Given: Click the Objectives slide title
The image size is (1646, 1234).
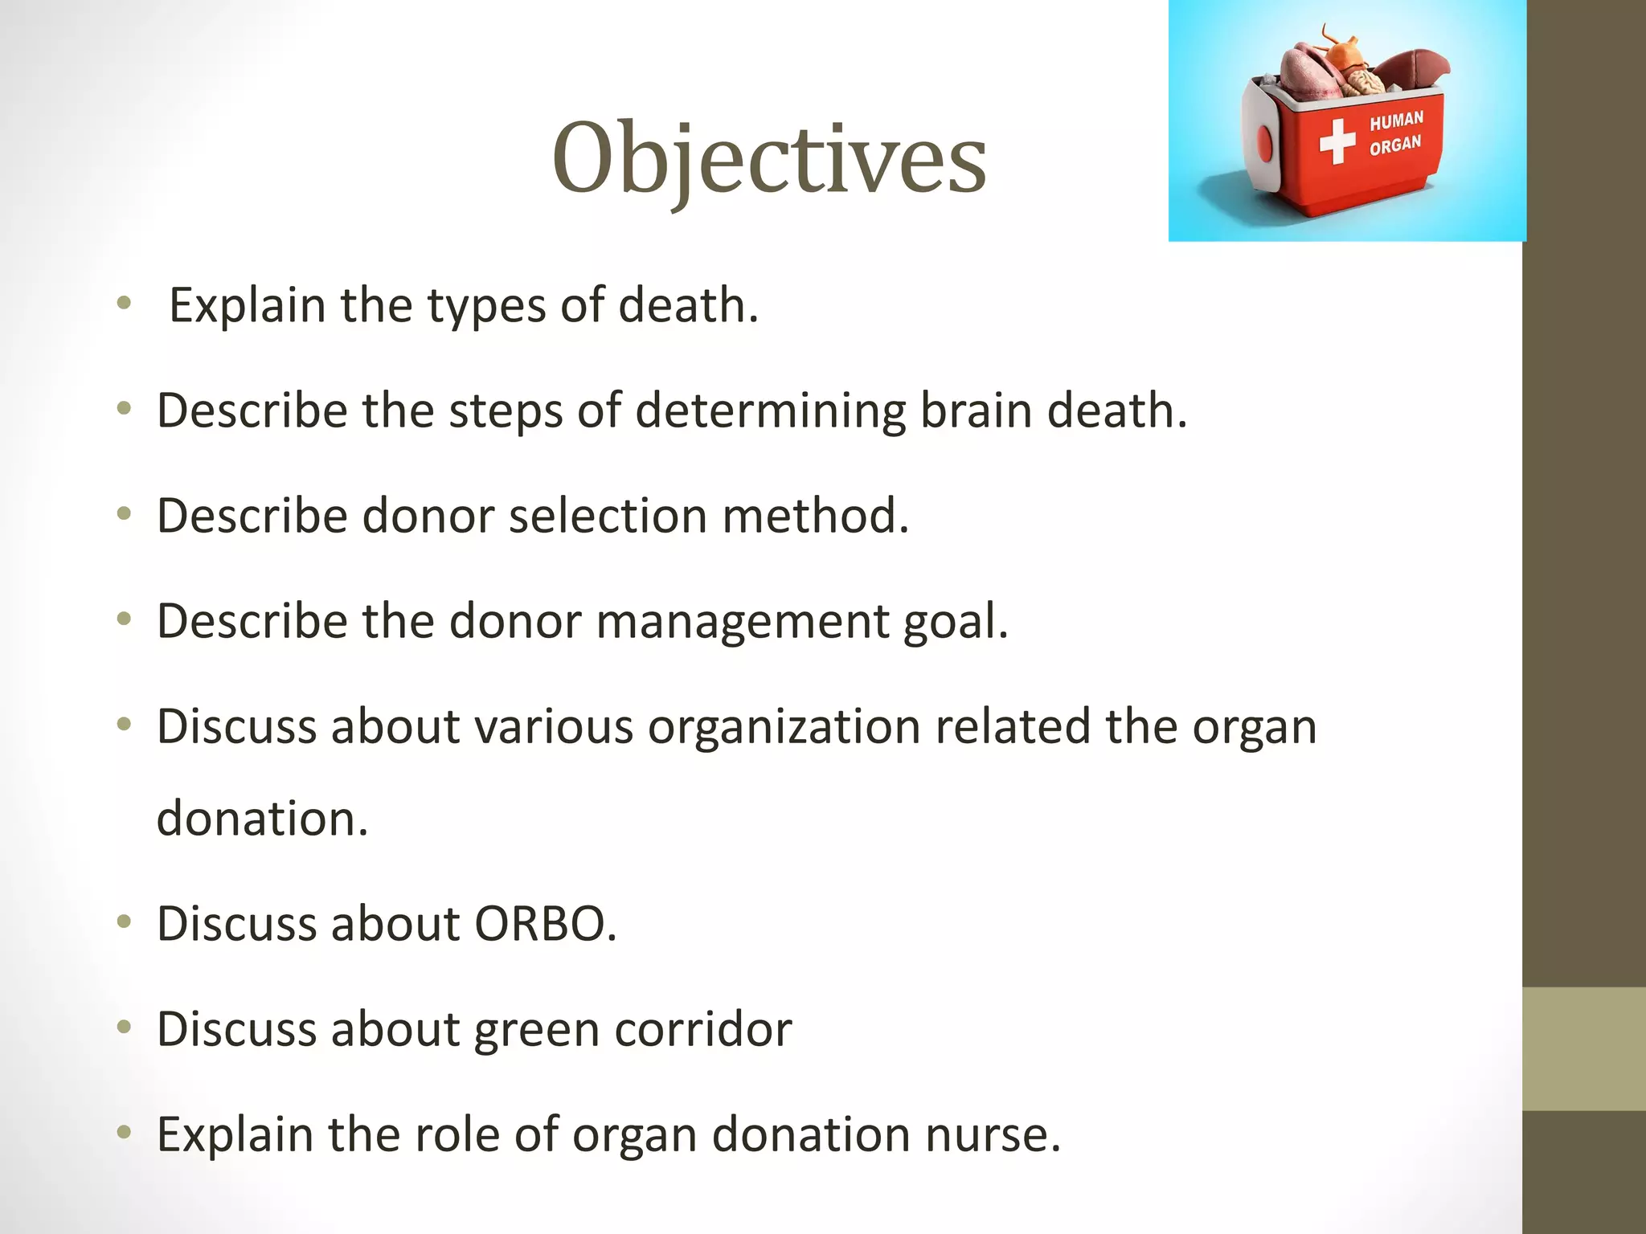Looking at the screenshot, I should (x=769, y=158).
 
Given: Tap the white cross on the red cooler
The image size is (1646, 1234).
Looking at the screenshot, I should (x=1337, y=141).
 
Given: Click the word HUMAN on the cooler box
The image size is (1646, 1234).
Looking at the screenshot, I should (x=1396, y=121).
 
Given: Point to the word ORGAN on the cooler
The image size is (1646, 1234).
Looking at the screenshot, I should (x=1395, y=145).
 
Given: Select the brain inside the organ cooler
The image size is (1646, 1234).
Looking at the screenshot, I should (x=1364, y=82).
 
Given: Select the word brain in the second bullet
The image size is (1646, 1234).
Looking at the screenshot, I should (x=975, y=411).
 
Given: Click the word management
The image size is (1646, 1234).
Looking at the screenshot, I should (x=742, y=622).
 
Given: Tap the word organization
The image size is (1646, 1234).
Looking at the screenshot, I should (x=784, y=727).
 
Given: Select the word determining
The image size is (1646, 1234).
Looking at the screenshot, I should (x=770, y=411).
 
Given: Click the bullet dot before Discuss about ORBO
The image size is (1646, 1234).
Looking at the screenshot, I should (x=123, y=921).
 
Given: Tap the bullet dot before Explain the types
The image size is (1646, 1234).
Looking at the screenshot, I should (x=123, y=303).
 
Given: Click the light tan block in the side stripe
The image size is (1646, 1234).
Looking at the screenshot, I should (x=1583, y=1048).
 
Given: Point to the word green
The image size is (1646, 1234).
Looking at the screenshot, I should (x=537, y=1031).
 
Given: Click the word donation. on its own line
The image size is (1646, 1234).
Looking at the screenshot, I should (x=262, y=819).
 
